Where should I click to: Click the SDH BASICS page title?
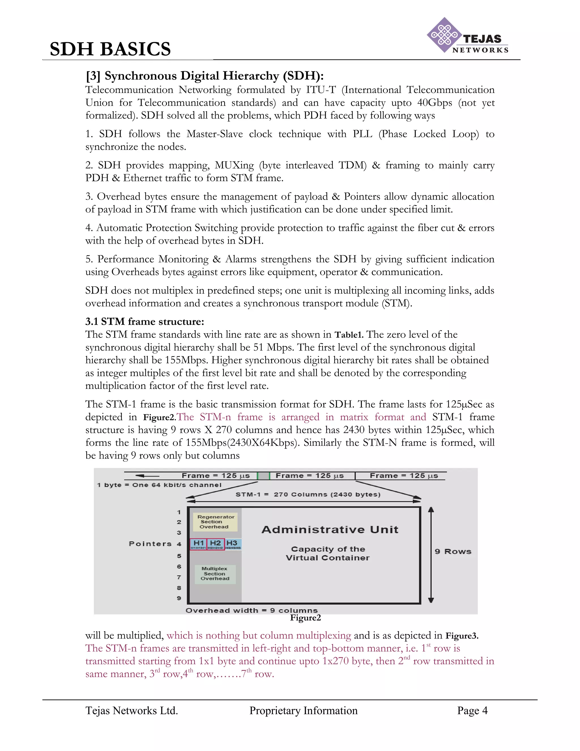pyautogui.click(x=110, y=49)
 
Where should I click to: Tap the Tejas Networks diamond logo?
pyautogui.click(x=444, y=35)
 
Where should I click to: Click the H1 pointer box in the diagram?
pyautogui.click(x=198, y=544)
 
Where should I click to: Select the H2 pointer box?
pyautogui.click(x=216, y=544)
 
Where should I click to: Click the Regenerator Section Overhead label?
pyautogui.click(x=216, y=522)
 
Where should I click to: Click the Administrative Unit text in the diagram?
pyautogui.click(x=330, y=530)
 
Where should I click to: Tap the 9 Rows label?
pyautogui.click(x=453, y=551)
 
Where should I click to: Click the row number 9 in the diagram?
pyautogui.click(x=179, y=598)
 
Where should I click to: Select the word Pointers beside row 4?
pyautogui.click(x=150, y=544)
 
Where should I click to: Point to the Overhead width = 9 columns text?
pyautogui.click(x=251, y=610)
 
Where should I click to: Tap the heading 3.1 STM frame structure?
pyautogui.click(x=145, y=322)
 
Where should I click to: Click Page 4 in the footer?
pyautogui.click(x=472, y=710)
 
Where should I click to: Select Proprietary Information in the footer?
pyautogui.click(x=303, y=710)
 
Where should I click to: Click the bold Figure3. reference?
pyautogui.click(x=461, y=636)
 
